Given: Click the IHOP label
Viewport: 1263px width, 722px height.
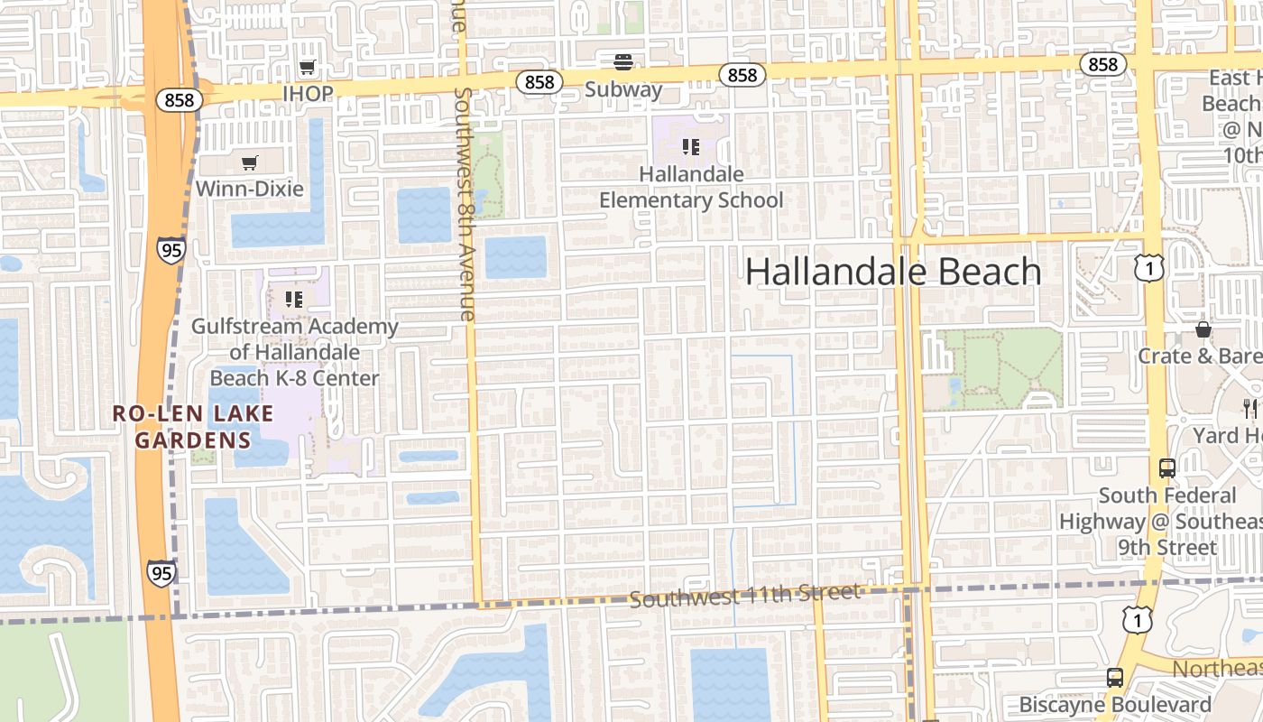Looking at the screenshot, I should (x=308, y=93).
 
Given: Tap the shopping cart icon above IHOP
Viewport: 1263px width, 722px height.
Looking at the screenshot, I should (x=308, y=67).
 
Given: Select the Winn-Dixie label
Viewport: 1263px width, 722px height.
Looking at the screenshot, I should (x=250, y=189).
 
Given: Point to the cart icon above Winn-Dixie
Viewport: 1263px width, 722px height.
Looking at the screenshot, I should (x=250, y=162).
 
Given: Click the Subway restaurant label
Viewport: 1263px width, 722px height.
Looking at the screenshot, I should (x=622, y=89).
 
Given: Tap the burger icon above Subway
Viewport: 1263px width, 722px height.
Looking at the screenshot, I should (x=622, y=62).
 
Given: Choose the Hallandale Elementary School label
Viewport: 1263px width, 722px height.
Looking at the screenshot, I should (x=691, y=187).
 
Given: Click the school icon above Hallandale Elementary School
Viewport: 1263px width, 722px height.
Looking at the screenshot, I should (x=691, y=146).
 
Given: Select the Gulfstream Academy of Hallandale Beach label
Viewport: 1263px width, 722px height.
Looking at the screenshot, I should (x=294, y=352).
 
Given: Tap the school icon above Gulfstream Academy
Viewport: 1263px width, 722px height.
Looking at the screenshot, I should (x=293, y=299).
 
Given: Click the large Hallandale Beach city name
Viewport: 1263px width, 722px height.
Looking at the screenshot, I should (x=893, y=272).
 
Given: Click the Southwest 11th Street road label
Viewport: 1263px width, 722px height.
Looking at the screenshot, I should (x=744, y=596).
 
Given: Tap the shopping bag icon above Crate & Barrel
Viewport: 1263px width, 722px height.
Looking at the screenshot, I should (x=1203, y=329).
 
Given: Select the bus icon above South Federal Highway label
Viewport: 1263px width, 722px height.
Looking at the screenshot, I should (x=1166, y=467).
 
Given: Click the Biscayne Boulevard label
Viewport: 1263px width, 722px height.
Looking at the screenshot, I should (x=1115, y=704).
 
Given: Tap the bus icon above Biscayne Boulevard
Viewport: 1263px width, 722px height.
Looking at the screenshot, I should (x=1115, y=677).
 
